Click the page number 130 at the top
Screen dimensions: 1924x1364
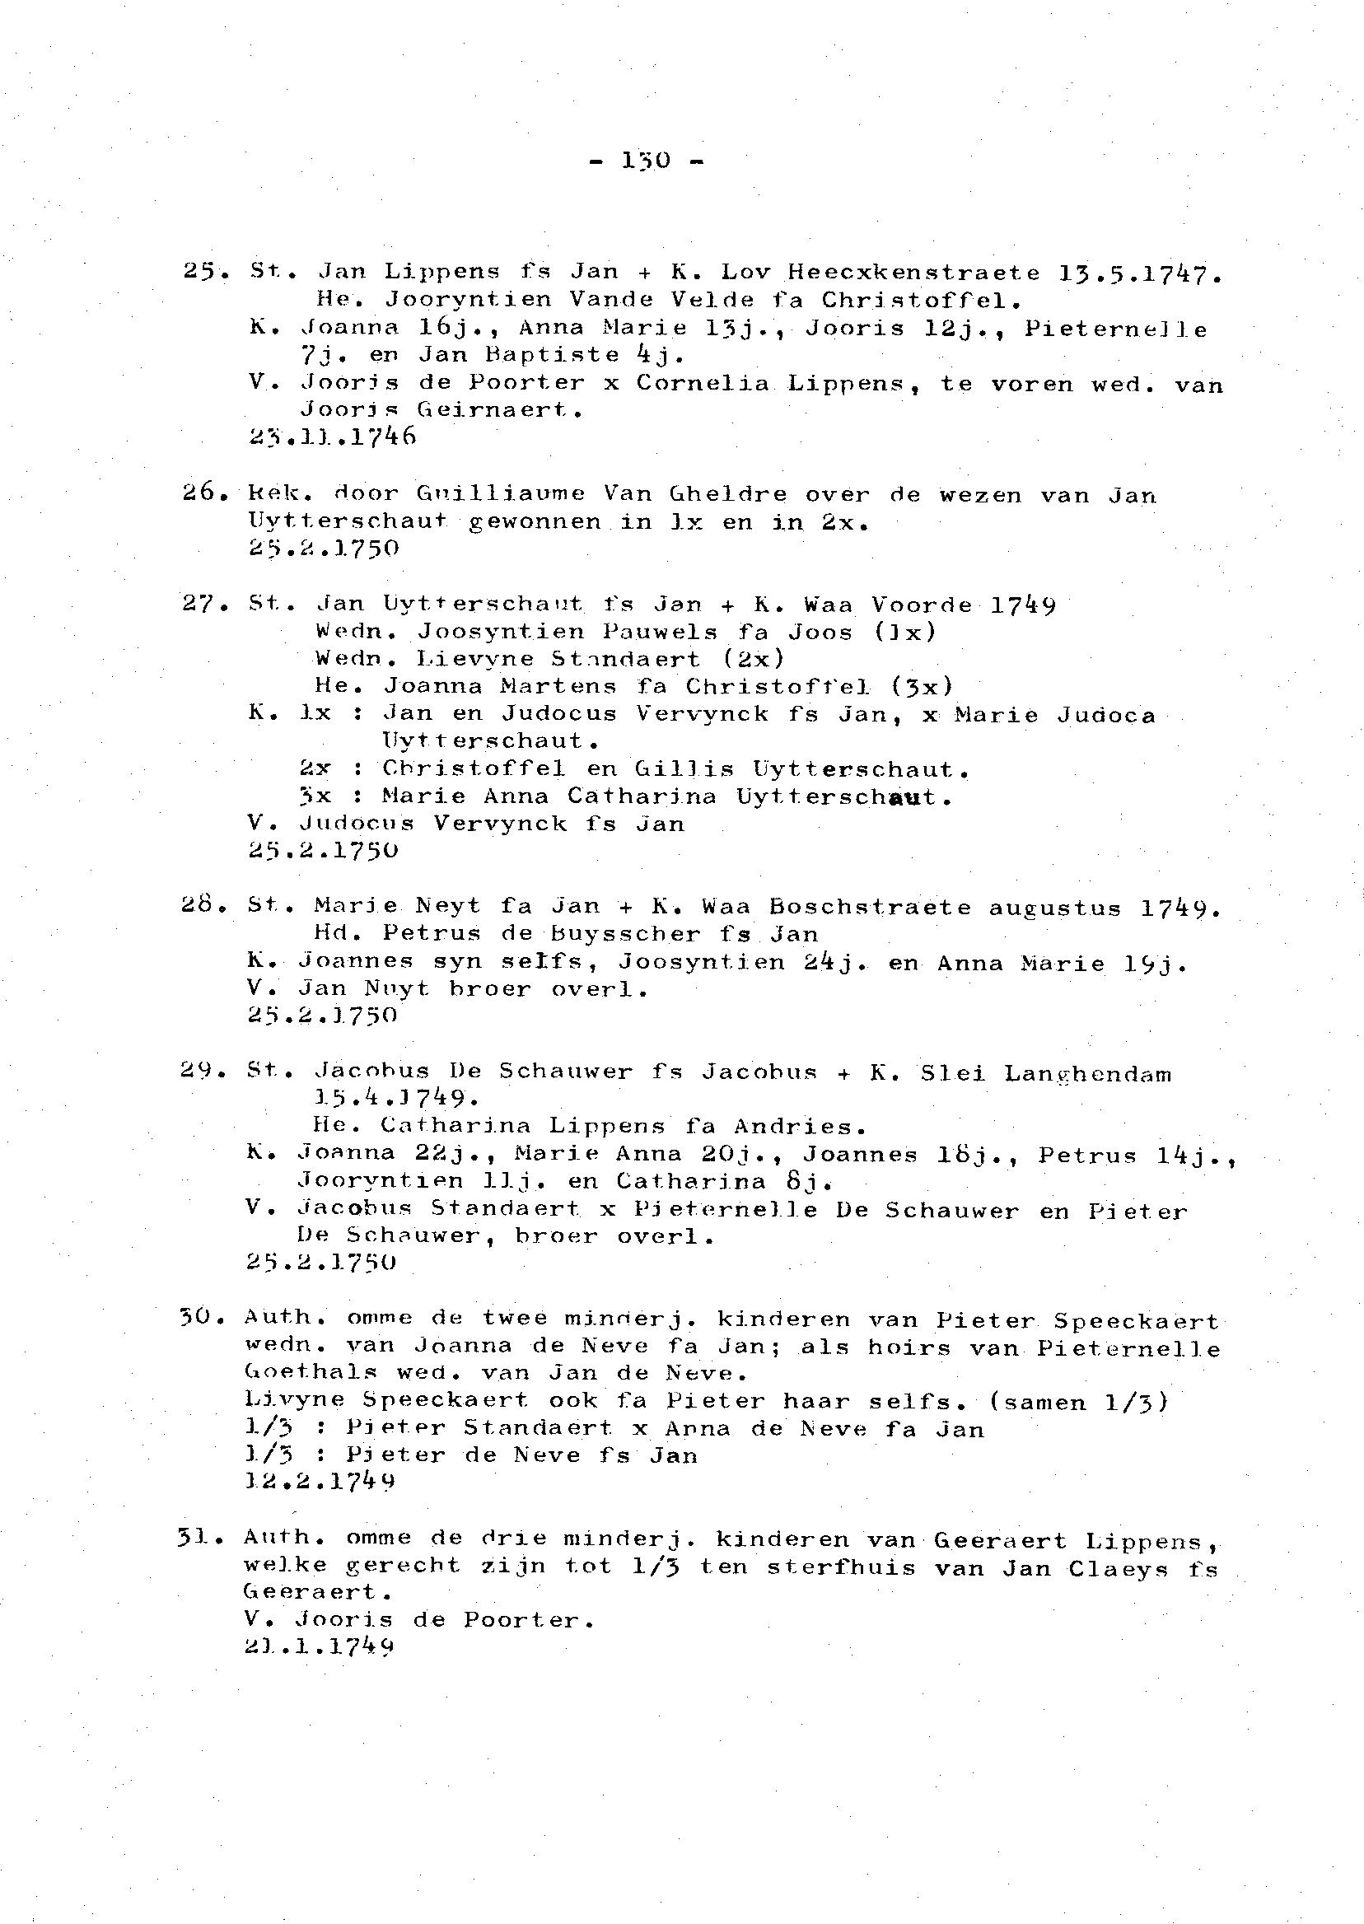645,160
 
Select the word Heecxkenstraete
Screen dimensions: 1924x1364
913,273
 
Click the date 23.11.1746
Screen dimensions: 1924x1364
333,437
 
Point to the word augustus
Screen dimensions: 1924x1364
1054,908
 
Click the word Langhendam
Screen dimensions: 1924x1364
1088,1073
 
